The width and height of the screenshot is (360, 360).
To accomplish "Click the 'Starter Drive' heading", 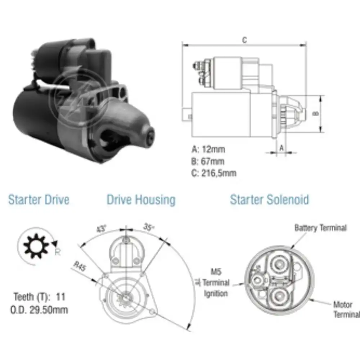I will click(x=39, y=199).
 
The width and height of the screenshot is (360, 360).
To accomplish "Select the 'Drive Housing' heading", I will click(x=141, y=199).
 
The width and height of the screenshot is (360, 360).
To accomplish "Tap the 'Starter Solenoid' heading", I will click(x=269, y=199).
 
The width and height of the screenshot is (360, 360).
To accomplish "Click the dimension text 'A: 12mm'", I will click(x=208, y=149).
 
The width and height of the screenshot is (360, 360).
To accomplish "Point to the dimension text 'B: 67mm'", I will click(x=208, y=161).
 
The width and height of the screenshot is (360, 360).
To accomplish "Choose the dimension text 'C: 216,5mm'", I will click(x=214, y=173).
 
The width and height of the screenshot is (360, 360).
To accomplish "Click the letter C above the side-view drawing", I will click(x=244, y=40).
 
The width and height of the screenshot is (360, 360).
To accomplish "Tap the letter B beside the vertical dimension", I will click(x=315, y=113).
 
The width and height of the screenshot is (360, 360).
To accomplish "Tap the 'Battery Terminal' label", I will click(x=320, y=228).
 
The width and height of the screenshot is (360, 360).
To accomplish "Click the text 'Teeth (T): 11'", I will click(x=40, y=297).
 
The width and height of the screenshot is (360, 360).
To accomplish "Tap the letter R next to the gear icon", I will click(x=57, y=252).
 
